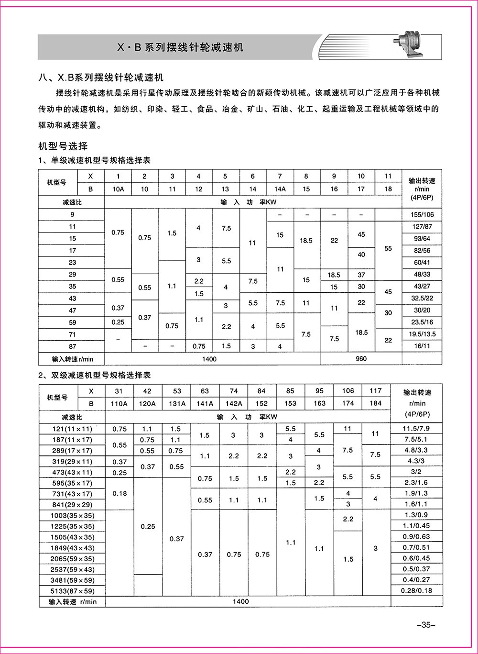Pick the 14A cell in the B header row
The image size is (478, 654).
tap(280, 189)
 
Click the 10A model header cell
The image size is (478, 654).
tap(118, 189)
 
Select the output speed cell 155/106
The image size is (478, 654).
tap(422, 215)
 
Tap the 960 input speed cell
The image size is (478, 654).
tap(361, 359)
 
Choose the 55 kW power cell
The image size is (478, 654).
tap(388, 248)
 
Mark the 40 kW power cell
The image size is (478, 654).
tap(361, 255)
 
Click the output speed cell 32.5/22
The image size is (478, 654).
tap(422, 298)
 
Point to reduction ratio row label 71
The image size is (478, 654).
tap(72, 334)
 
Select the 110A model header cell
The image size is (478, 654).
tap(119, 403)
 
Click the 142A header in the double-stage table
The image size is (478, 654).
tap(233, 403)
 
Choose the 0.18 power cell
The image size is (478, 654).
tap(119, 493)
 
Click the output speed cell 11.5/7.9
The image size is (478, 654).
tap(416, 429)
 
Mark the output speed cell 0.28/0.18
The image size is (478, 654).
tap(416, 590)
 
